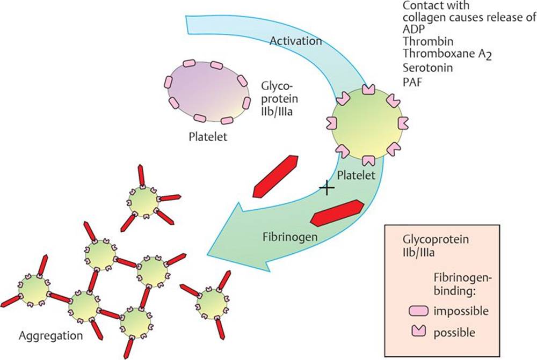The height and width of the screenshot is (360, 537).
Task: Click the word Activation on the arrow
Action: pos(296,41)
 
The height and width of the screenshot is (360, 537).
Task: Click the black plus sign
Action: pos(326,188)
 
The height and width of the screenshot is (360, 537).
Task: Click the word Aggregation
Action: pos(50,336)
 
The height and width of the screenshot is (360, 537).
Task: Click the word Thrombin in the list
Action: pos(428,41)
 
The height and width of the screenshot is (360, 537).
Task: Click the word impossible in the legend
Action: pos(461,311)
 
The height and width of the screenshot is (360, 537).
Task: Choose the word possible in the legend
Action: pos(454,333)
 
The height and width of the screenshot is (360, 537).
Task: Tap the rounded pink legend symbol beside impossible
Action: pos(417,311)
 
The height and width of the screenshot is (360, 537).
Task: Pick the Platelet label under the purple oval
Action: pos(208,137)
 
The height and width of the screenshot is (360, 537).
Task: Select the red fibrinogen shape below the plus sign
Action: pos(337,212)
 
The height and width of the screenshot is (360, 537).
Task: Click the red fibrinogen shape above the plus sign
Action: pos(275,176)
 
